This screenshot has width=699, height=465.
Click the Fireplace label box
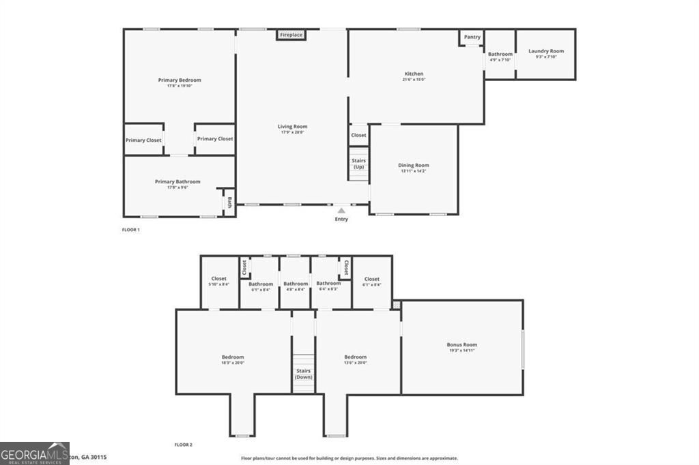(x=291, y=35)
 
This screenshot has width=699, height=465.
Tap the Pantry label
(x=472, y=37)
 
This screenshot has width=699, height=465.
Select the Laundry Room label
(x=546, y=51)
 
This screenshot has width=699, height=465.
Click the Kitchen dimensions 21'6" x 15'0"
(x=414, y=80)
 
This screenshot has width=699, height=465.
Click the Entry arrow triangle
(x=341, y=211)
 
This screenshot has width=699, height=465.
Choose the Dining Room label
(x=414, y=165)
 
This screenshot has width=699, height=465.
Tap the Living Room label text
(x=292, y=126)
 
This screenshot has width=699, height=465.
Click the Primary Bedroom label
(x=180, y=80)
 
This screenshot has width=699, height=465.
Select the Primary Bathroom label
(x=177, y=181)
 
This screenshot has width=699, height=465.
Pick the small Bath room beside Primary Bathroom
(x=229, y=202)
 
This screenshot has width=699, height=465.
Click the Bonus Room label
(x=461, y=345)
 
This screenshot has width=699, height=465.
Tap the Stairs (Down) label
(x=304, y=374)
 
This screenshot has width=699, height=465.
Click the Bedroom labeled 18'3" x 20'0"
(x=232, y=357)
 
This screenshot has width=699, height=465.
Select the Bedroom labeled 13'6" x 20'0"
(x=355, y=357)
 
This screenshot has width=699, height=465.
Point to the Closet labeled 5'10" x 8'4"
(x=218, y=279)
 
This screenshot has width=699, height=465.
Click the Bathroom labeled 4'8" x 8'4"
(x=296, y=284)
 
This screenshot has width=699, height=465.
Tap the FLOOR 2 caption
(x=183, y=445)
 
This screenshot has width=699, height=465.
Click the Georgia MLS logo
(x=34, y=453)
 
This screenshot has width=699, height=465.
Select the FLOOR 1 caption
(x=130, y=230)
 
